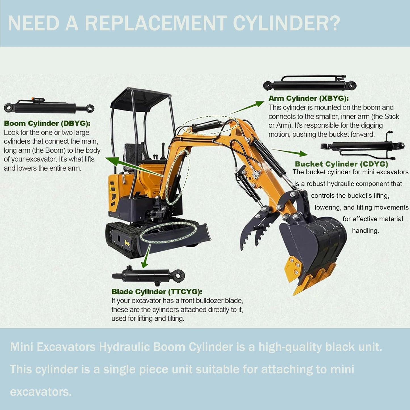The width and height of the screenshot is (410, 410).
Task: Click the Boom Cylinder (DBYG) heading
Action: (47, 123)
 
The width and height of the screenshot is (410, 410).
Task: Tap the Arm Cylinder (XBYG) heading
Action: (308, 98)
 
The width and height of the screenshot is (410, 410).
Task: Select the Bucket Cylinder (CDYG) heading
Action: (342, 164)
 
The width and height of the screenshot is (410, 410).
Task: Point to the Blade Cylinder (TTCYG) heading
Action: (157, 292)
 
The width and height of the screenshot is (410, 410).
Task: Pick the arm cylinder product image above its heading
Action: (310, 83)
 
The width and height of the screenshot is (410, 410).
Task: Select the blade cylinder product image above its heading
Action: (148, 275)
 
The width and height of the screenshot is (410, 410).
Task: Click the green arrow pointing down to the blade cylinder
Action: (146, 256)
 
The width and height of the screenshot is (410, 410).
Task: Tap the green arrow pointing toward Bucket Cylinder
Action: (290, 152)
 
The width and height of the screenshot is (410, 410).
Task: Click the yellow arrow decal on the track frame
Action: (127, 243)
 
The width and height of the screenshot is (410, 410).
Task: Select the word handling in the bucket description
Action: (365, 231)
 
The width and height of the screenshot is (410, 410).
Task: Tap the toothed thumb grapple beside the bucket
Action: (258, 228)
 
